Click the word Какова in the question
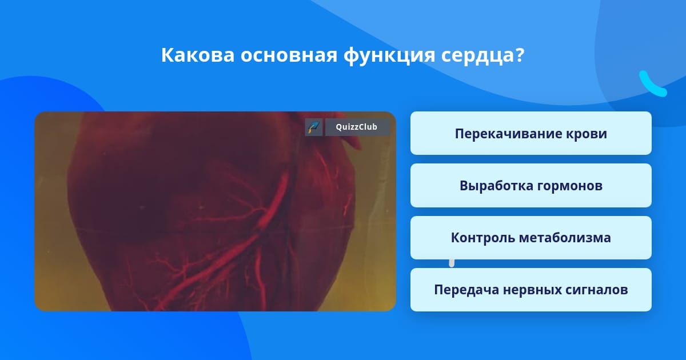point(198,55)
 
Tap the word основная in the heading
point(289,55)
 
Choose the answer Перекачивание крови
point(531,133)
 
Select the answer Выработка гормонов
point(531,186)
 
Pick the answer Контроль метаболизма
point(531,238)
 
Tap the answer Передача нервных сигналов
point(531,290)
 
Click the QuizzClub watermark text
point(357,127)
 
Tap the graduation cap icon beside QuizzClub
point(314,127)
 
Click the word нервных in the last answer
point(532,290)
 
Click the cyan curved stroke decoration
point(651,85)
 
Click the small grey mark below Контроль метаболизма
point(452,263)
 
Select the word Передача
point(466,290)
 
